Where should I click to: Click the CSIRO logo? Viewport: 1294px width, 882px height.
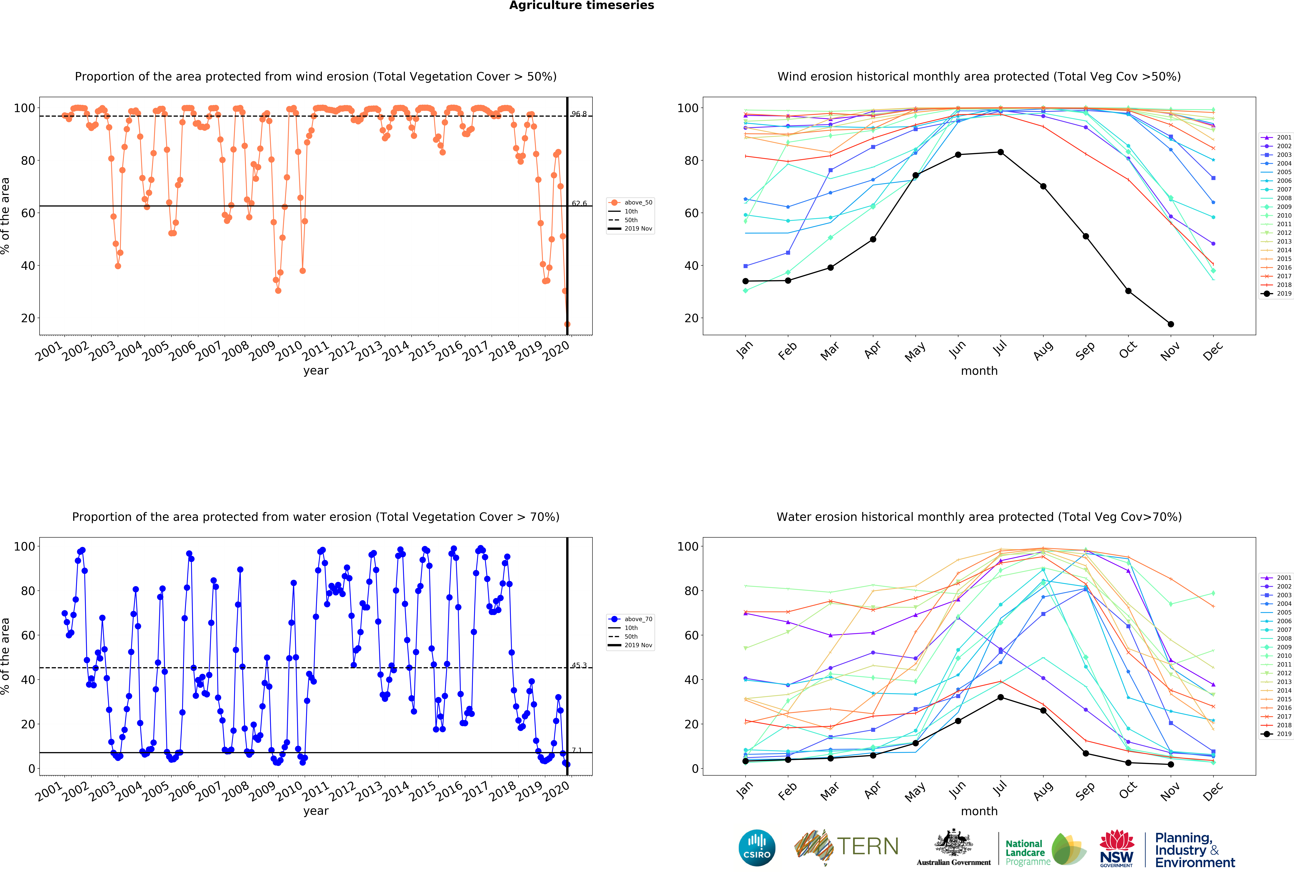pos(757,848)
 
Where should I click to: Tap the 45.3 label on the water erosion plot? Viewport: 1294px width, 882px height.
pos(579,665)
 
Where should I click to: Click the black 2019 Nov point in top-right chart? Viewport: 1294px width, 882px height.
pos(1171,324)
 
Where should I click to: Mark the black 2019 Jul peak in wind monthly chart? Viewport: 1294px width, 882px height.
pos(1001,152)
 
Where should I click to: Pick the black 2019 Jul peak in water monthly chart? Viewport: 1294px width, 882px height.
pos(1001,697)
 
